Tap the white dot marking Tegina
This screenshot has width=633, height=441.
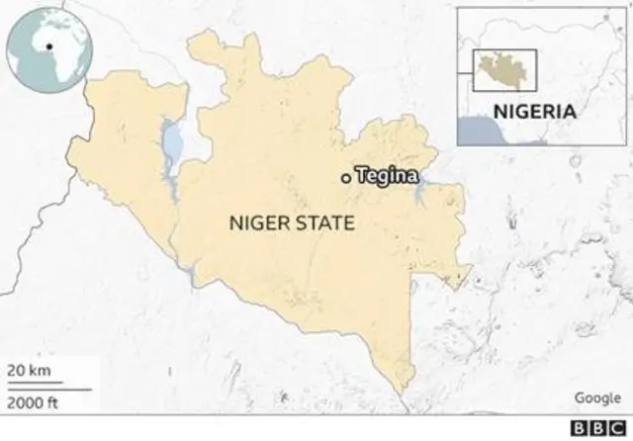coord(344,178)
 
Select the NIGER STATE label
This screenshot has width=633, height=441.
coord(292,224)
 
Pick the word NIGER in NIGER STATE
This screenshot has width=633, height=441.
coord(253,224)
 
